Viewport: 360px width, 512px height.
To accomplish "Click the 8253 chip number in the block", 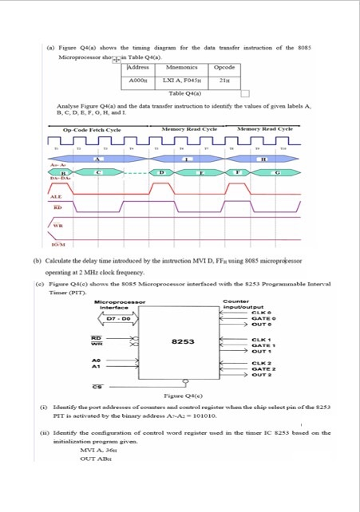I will click(184, 343).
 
